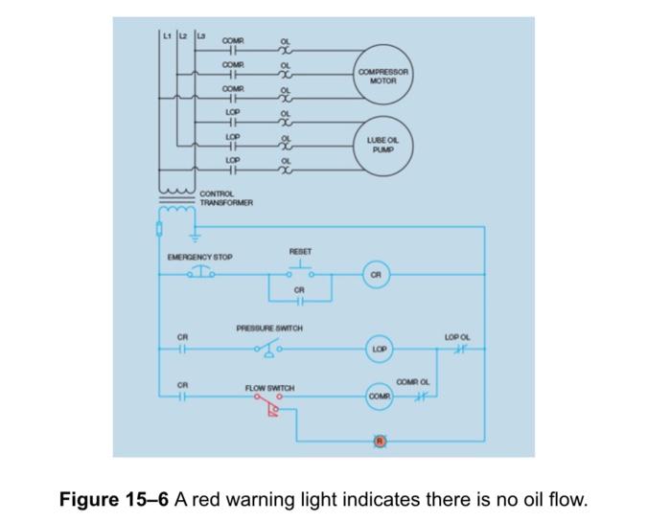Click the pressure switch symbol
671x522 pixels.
(x=267, y=349)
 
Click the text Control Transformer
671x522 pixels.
(x=226, y=198)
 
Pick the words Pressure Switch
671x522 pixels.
(x=269, y=329)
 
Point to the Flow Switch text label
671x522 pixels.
(x=269, y=388)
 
